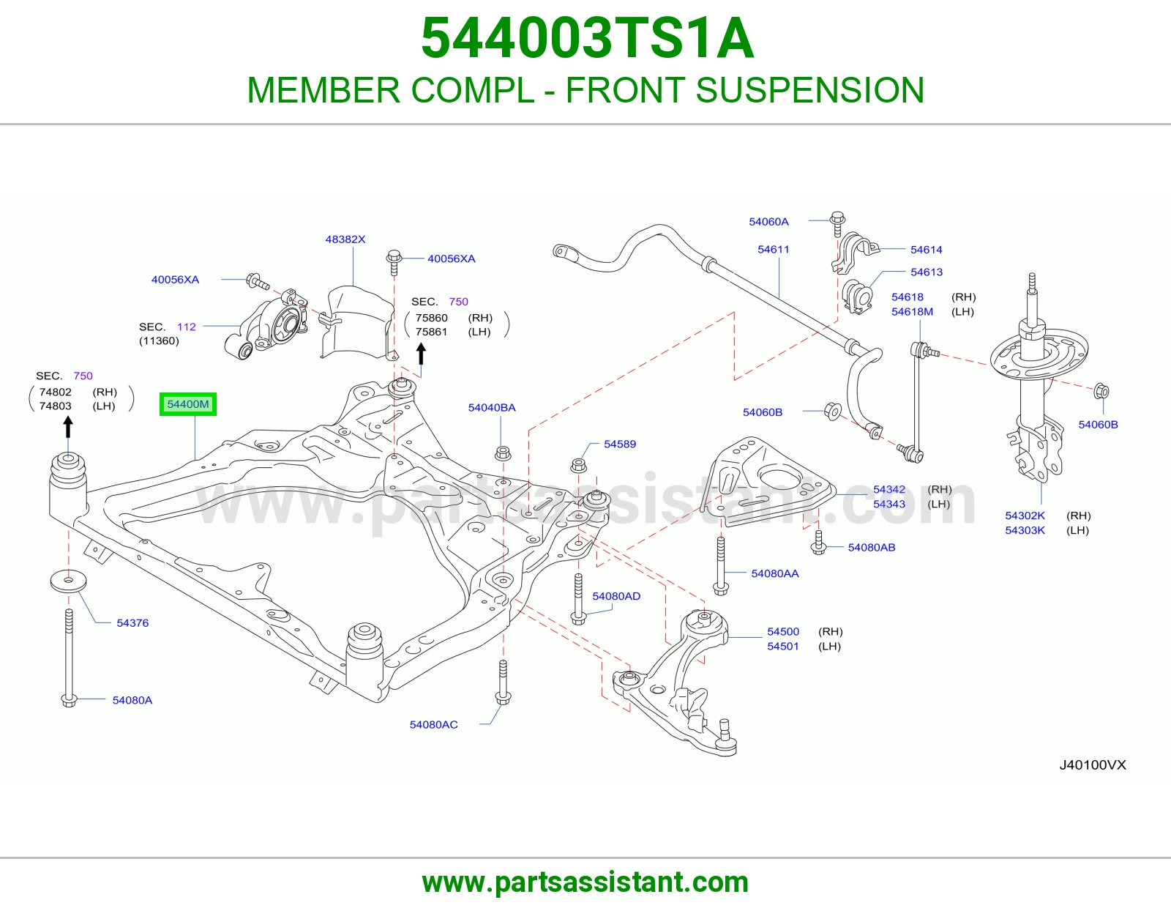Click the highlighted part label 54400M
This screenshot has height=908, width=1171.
click(x=187, y=404)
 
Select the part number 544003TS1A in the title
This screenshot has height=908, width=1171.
click(x=588, y=38)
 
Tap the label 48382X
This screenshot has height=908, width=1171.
click(x=345, y=239)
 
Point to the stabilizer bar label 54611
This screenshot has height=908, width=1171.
click(x=774, y=249)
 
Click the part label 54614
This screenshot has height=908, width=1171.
click(x=927, y=250)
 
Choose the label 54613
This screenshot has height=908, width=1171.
click(x=927, y=272)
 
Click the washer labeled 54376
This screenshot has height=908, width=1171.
click(x=69, y=581)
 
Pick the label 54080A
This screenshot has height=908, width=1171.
click(x=132, y=700)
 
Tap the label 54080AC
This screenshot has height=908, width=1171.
click(x=434, y=724)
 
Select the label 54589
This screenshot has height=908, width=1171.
click(x=620, y=444)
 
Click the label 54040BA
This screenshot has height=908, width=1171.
click(x=492, y=408)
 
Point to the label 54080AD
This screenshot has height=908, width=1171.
click(x=616, y=596)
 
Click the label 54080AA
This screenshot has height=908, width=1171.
click(x=775, y=573)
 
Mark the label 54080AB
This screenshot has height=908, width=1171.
click(x=872, y=547)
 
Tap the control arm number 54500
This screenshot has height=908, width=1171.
click(x=783, y=631)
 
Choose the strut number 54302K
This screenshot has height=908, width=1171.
click(x=1025, y=516)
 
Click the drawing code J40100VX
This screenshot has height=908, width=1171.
click(x=1093, y=764)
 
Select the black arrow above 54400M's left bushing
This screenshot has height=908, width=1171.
click(x=68, y=428)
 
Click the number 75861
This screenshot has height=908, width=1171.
click(x=431, y=332)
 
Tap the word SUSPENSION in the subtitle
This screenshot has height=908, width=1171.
click(x=810, y=90)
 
